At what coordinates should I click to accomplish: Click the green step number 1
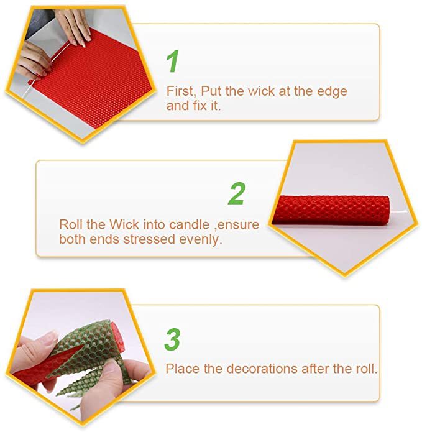173,61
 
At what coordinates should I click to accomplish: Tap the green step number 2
237,193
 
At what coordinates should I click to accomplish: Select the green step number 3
172,339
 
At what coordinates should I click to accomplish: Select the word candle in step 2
189,224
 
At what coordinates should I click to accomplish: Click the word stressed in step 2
149,239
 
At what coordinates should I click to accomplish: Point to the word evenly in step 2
201,240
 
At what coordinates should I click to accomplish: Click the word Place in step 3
182,369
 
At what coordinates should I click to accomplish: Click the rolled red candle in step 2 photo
331,209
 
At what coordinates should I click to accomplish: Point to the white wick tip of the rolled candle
399,212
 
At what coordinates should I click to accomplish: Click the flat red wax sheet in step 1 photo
91,80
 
